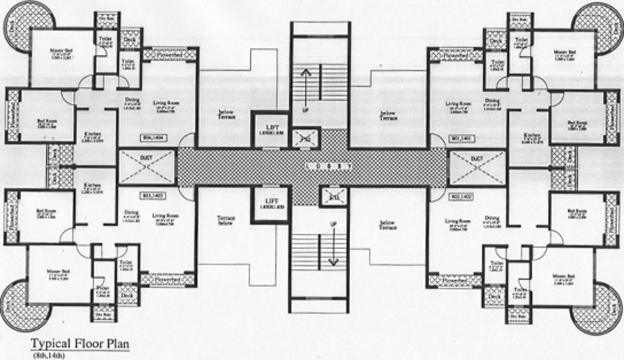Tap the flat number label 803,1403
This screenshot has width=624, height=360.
(x=151, y=196)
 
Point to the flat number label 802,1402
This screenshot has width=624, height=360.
(x=462, y=196)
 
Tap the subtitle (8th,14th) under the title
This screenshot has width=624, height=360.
(x=46, y=354)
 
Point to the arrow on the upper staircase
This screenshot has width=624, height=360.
(x=303, y=87)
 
